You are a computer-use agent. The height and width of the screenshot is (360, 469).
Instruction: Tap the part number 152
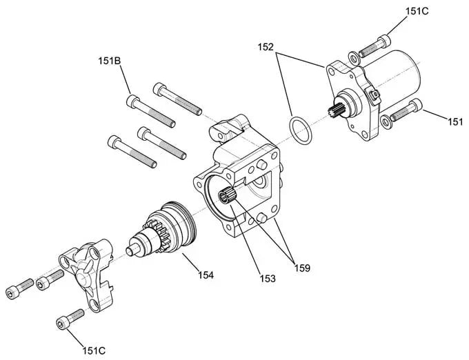[266, 48]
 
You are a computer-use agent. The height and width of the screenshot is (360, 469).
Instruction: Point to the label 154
[205, 275]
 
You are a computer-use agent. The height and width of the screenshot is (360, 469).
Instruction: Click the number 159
[303, 265]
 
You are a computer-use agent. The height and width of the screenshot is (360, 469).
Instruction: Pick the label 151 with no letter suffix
[455, 122]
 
